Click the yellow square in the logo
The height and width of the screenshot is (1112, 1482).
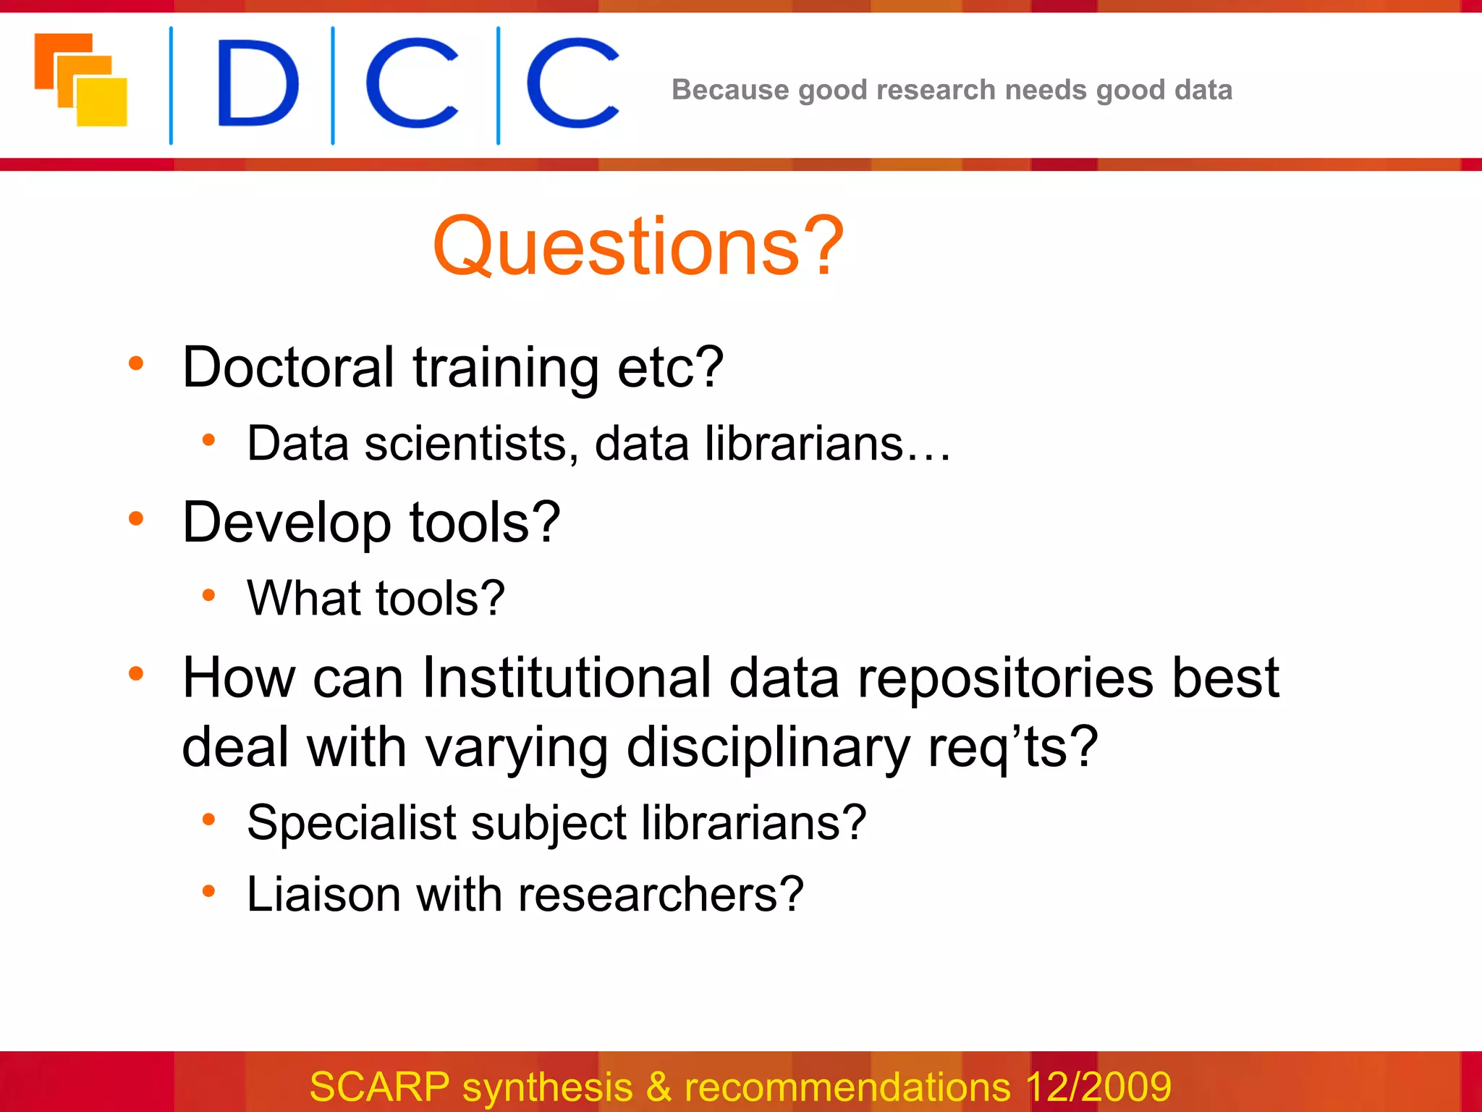pyautogui.click(x=103, y=103)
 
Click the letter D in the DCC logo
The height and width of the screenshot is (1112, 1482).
pyautogui.click(x=257, y=83)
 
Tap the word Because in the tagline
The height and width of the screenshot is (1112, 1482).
pyautogui.click(x=729, y=90)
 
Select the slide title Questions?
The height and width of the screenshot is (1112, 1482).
pyautogui.click(x=638, y=246)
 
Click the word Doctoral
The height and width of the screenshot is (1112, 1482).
pyautogui.click(x=287, y=367)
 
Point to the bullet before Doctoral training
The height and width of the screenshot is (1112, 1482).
pyautogui.click(x=135, y=363)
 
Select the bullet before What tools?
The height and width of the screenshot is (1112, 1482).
pyautogui.click(x=208, y=595)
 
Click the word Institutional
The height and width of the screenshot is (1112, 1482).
pyautogui.click(x=567, y=678)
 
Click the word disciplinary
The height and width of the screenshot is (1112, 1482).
pyautogui.click(x=768, y=748)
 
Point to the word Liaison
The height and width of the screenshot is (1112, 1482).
pyautogui.click(x=323, y=894)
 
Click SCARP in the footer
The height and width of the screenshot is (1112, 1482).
pyautogui.click(x=379, y=1087)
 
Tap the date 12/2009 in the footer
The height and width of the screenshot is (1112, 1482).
pyautogui.click(x=1098, y=1087)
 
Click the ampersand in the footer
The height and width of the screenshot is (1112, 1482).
pyautogui.click(x=659, y=1087)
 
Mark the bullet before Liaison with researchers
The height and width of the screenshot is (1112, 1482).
pyautogui.click(x=208, y=891)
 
